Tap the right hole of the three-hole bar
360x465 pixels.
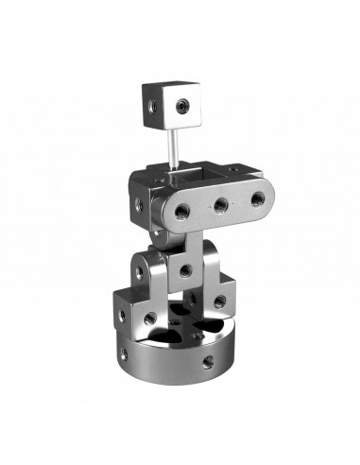[x=257, y=198]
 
